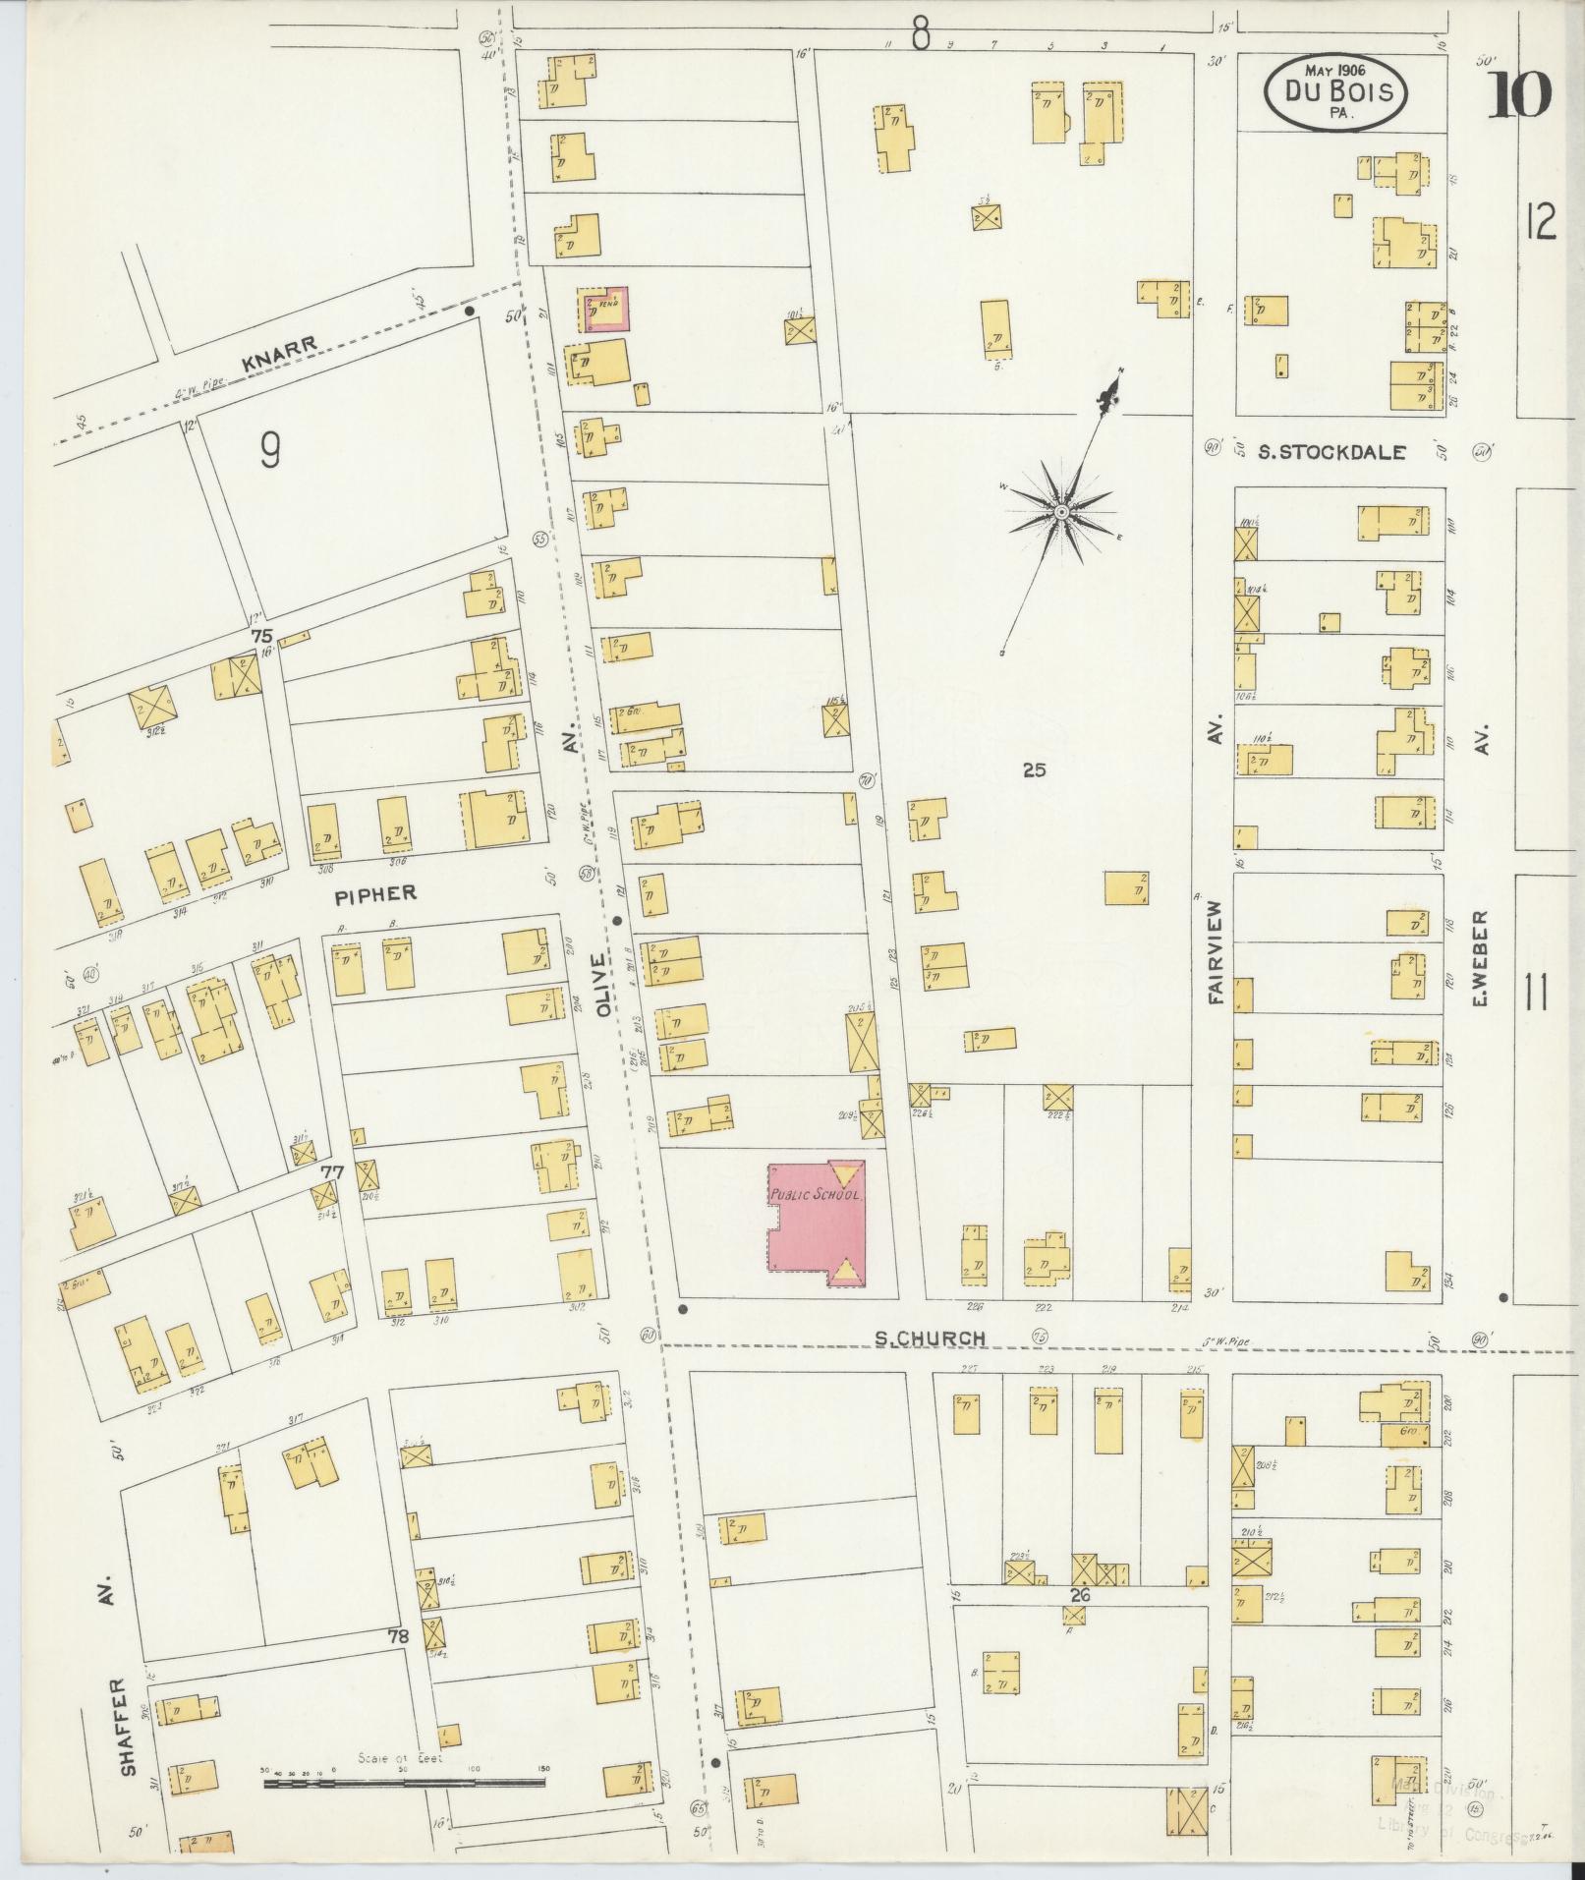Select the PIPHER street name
click(375, 893)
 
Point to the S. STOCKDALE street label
click(1332, 452)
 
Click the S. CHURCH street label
click(930, 1338)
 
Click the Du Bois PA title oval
click(1335, 91)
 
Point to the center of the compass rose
click(1061, 513)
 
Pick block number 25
click(1034, 770)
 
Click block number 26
click(1081, 1595)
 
